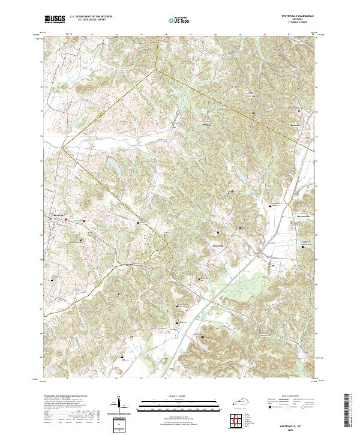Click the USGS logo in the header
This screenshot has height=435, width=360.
pos(55,19)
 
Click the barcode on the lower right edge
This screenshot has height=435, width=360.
pos(347,412)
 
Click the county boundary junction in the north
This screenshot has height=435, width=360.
pos(155,69)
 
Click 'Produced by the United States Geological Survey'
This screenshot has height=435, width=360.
pos(62,397)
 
